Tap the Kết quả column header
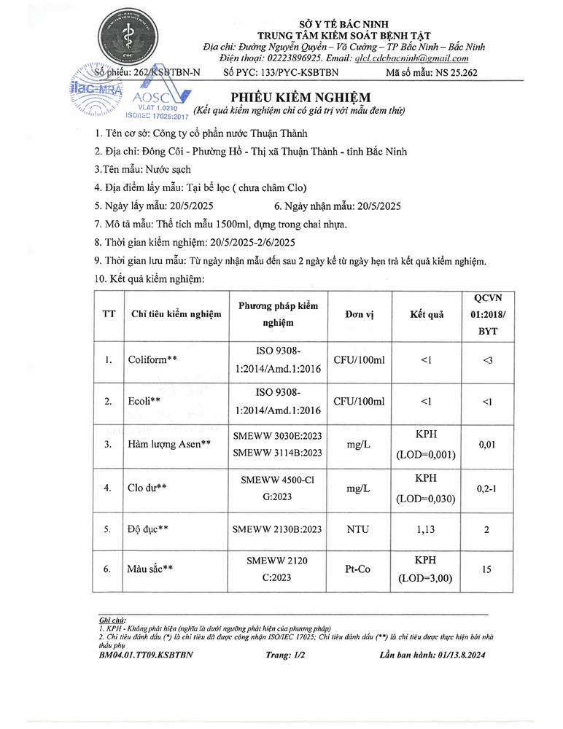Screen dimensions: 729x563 [x=427, y=313]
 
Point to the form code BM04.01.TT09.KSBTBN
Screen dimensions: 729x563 [x=146, y=655]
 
